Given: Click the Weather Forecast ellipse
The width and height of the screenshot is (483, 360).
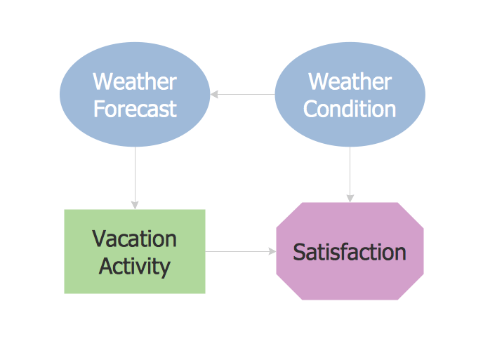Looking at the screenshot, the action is tap(135, 94).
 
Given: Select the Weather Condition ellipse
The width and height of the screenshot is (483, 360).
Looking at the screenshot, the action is tap(350, 94).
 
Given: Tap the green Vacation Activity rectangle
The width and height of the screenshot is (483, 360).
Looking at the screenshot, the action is tap(135, 251).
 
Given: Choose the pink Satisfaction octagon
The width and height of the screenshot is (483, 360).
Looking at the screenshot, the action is tap(350, 251).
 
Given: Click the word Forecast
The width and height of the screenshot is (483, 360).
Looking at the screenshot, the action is tap(135, 109).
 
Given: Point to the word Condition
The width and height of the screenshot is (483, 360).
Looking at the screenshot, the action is tap(350, 109).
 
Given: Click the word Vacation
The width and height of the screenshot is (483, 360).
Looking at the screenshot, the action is tap(134, 239).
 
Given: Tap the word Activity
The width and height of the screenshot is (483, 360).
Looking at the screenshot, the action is tap(135, 267).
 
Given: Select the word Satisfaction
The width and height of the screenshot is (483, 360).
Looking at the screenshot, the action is tap(350, 252).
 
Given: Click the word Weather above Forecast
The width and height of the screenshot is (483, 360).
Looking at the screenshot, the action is tap(135, 81).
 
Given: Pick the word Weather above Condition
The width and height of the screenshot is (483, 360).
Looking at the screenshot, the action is tap(350, 81).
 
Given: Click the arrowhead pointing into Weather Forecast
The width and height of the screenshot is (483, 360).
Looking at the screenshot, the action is tap(214, 94).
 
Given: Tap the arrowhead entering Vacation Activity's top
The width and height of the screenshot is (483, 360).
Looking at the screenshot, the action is tap(135, 206).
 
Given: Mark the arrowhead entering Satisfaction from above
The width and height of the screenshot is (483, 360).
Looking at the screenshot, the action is tap(350, 199).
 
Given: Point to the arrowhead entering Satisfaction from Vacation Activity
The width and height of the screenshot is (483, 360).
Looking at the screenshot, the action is tap(272, 251).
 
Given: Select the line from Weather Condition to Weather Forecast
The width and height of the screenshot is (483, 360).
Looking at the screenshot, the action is tap(242, 94).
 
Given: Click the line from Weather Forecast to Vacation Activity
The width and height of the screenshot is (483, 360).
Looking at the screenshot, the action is tap(135, 178).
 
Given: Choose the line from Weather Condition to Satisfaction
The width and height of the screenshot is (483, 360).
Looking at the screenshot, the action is tap(350, 174).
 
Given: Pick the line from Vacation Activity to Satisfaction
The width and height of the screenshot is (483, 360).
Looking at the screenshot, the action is tap(241, 251).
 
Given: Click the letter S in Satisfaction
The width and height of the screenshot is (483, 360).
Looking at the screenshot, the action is tap(298, 252).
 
